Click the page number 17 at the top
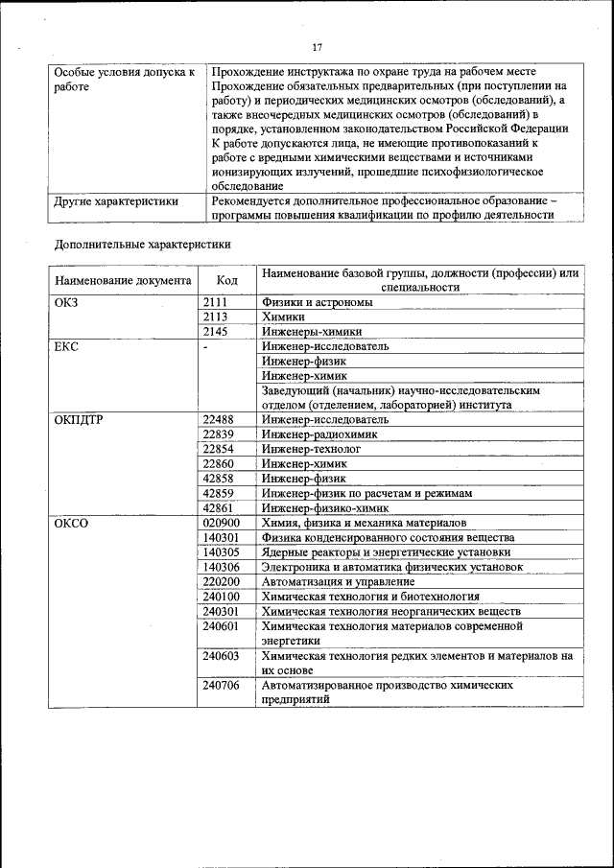[x=317, y=47]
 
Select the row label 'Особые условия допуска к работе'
[x=124, y=80]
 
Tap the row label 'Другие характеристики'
[x=116, y=201]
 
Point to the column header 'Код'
[x=227, y=280]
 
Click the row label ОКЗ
[x=68, y=302]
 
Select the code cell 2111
[x=215, y=302]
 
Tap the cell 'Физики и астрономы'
[x=318, y=302]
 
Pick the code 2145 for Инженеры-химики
[x=215, y=331]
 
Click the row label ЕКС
[x=68, y=346]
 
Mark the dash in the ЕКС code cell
[x=205, y=346]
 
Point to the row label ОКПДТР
[x=80, y=419]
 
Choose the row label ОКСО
[x=72, y=522]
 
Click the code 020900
[x=222, y=522]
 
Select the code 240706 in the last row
[x=222, y=686]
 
